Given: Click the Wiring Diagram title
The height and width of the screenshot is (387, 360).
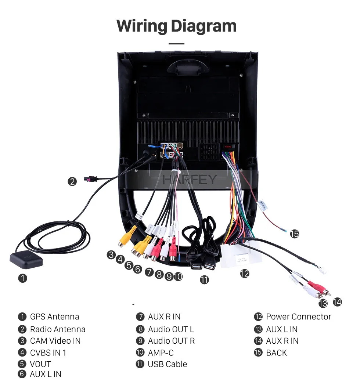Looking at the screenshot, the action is (176, 26).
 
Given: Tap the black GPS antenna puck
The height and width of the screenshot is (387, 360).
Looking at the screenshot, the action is (26, 259).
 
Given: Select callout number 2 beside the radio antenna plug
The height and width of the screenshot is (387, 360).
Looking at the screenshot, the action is (72, 182).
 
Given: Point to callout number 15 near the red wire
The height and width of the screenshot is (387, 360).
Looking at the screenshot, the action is (294, 234).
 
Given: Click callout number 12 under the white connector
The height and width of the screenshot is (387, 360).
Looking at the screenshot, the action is (245, 274).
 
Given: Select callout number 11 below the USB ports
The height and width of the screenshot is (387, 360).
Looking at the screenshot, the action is (204, 280).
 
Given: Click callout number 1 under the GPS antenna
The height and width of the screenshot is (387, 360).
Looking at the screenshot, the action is (22, 278).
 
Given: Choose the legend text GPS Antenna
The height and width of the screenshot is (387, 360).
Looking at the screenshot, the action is (55, 317).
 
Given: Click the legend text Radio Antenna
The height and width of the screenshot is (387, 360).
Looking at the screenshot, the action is (58, 329).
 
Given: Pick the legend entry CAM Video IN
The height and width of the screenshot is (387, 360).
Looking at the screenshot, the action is (55, 341).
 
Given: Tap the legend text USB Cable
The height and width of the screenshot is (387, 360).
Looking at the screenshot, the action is (168, 364).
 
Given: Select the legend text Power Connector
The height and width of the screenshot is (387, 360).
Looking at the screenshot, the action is (299, 317).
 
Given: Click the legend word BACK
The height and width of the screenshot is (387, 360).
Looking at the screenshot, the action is (277, 353).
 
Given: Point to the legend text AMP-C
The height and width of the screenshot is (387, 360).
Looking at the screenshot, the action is (161, 353).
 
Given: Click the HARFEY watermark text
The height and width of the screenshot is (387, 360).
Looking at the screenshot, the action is (190, 180).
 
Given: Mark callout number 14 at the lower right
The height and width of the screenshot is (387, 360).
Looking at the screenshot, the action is (337, 302).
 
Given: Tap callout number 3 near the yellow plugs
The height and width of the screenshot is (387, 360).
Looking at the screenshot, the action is (111, 255).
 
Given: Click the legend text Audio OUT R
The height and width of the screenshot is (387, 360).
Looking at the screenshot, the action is (171, 341).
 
